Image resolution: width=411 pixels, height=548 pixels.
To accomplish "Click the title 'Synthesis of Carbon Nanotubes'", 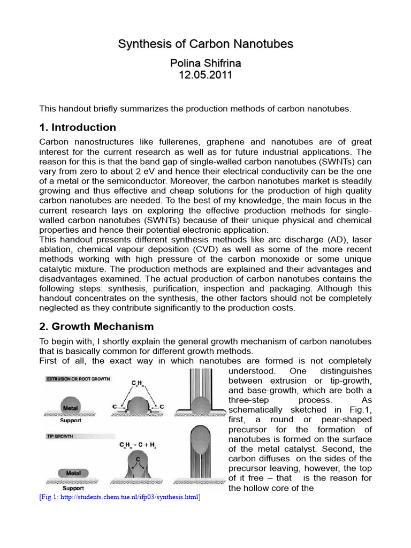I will [x=205, y=44].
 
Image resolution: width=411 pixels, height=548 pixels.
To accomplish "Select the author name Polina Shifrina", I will [x=205, y=63].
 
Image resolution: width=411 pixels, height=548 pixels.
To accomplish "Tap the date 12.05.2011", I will [x=205, y=75].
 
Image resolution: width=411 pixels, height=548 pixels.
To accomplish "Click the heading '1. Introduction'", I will [x=78, y=127].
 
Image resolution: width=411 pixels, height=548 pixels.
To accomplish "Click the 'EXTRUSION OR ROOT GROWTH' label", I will [x=78, y=379].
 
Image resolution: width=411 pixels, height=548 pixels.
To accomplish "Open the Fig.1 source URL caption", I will [x=120, y=498].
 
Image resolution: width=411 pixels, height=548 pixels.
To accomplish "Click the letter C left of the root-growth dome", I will [x=115, y=407].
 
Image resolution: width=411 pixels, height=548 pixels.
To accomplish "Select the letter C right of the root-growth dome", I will [x=162, y=407].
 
